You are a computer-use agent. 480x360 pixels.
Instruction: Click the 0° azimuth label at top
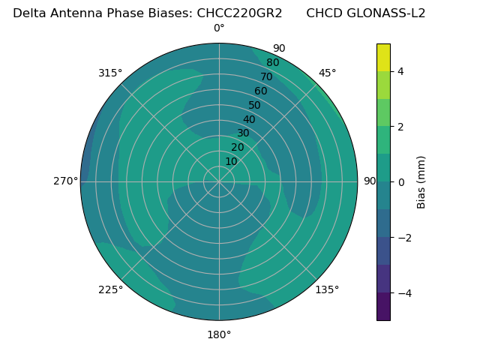[219, 28]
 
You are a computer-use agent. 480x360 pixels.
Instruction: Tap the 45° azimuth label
[327, 73]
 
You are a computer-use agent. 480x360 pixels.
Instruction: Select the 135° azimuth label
[327, 289]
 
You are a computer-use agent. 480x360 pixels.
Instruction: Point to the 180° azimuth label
[219, 334]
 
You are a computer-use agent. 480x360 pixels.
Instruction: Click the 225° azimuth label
[110, 289]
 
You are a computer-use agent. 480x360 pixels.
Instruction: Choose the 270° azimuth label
[65, 181]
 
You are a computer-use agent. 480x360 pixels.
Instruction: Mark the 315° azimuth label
[110, 73]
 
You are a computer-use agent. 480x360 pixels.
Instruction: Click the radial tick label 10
[231, 161]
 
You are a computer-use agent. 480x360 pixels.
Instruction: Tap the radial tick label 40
[249, 119]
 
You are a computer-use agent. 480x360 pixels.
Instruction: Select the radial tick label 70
[267, 76]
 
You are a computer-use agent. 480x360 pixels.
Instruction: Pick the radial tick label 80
[273, 63]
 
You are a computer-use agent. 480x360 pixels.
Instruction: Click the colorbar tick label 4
[401, 71]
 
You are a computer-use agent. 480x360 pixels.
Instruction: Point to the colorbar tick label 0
[401, 182]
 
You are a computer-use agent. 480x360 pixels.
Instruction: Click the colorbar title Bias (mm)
[421, 182]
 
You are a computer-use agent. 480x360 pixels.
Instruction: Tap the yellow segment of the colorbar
[383, 58]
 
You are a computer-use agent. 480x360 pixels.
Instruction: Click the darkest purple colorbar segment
[383, 307]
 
